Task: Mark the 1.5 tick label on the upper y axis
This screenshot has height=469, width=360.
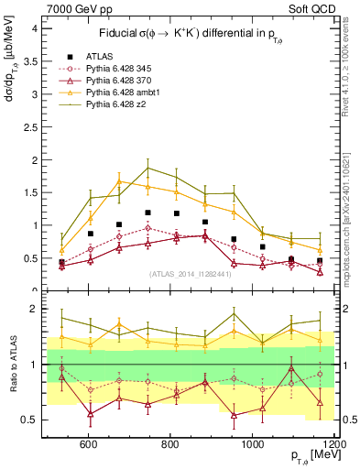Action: [x=30, y=192]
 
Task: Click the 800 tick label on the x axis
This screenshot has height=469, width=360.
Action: [x=171, y=444]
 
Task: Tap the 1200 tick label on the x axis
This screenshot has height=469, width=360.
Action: [x=333, y=444]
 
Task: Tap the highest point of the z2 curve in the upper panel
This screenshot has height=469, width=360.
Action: [x=147, y=168]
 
